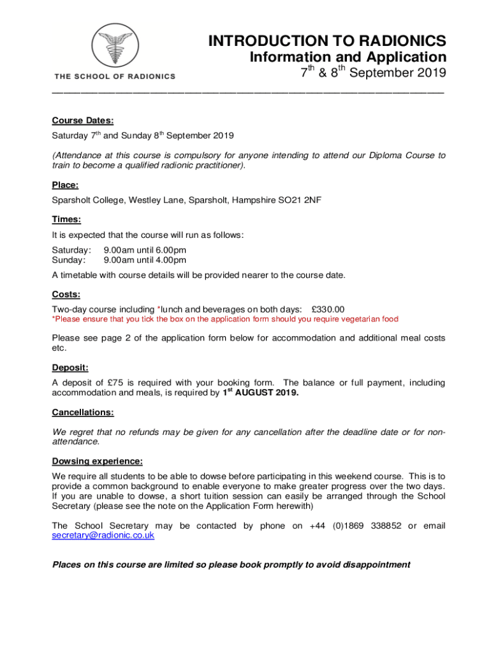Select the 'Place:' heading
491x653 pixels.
pos(65,186)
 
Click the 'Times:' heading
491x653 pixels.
pos(66,219)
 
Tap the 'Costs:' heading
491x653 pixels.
pos(66,294)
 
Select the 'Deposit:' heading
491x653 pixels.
pos(70,367)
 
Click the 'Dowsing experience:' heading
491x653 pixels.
pos(97,460)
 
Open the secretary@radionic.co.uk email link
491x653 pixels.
pos(103,536)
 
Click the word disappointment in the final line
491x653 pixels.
pos(372,564)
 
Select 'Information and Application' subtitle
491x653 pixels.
pos(347,57)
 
